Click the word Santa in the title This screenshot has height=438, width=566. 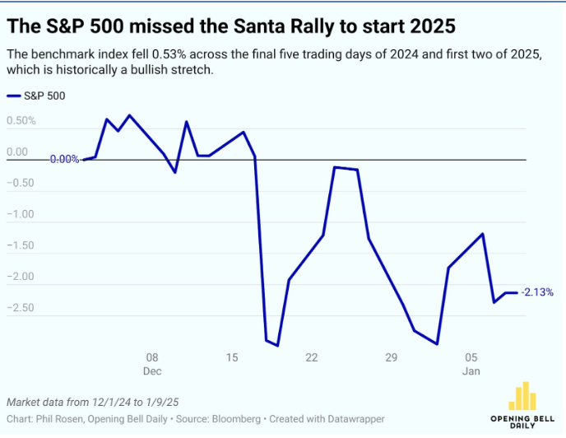point(221,26)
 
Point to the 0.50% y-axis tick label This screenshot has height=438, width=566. point(21,121)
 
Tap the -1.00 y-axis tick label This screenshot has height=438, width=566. point(21,215)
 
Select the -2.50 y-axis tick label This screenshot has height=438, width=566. point(21,308)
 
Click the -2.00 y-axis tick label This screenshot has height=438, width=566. point(21,277)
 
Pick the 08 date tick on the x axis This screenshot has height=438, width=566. point(151,357)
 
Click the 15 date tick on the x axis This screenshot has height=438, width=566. point(232,357)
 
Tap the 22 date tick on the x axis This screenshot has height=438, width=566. point(312,357)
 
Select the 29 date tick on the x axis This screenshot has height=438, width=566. point(392,357)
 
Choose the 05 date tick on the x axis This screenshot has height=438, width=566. point(471,357)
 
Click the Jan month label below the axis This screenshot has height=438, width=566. point(471,371)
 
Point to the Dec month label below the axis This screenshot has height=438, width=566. point(152,371)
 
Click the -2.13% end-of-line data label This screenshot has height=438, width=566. point(538,292)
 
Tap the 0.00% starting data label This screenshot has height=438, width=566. point(64,160)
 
